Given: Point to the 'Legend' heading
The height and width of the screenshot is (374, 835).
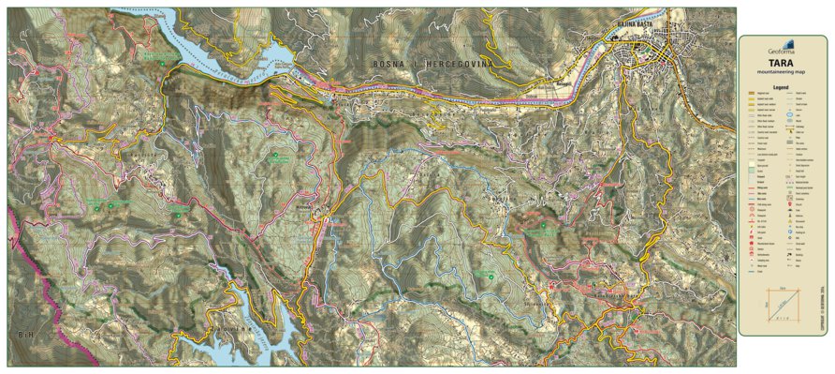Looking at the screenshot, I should [x=782, y=86].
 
